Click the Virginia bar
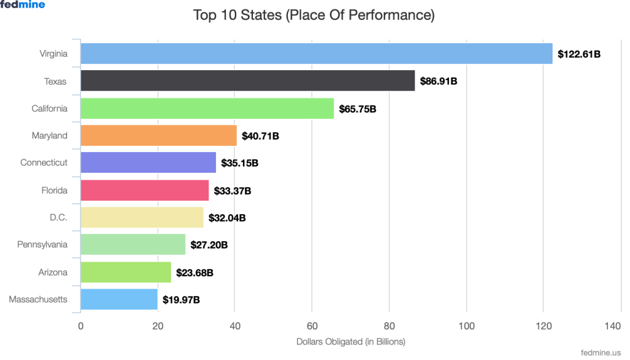point(316,54)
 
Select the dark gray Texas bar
point(247,81)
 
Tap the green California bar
point(207,108)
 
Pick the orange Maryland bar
point(158,135)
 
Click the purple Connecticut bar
point(148,162)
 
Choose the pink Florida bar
point(145,190)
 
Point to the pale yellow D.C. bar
point(142,217)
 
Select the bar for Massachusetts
point(119,299)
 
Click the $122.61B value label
point(579,54)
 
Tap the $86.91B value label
point(439,81)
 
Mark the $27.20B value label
point(209,245)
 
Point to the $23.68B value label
point(195,272)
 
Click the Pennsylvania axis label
point(42,245)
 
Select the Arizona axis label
point(52,272)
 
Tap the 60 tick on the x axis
point(312,326)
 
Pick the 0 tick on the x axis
point(81,326)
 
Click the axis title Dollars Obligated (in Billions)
point(351,342)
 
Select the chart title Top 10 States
point(314,15)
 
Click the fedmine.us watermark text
point(600,353)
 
